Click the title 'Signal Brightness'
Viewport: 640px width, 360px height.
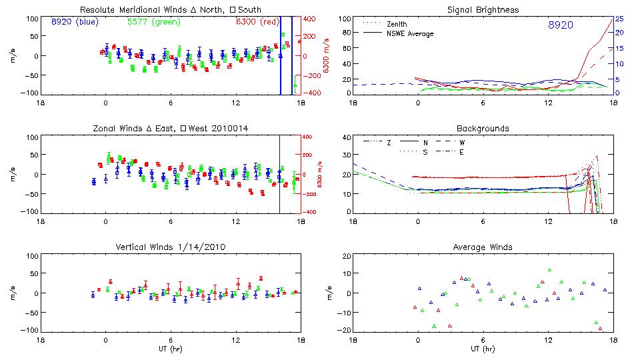pyautogui.click(x=484, y=10)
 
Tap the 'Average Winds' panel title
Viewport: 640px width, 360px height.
pyautogui.click(x=484, y=247)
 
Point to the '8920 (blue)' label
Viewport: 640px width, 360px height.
pyautogui.click(x=74, y=22)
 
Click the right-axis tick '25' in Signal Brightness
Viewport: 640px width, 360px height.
pyautogui.click(x=619, y=19)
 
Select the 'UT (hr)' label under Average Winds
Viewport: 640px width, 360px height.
pyautogui.click(x=483, y=349)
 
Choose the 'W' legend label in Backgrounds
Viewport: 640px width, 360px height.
pyautogui.click(x=461, y=142)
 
